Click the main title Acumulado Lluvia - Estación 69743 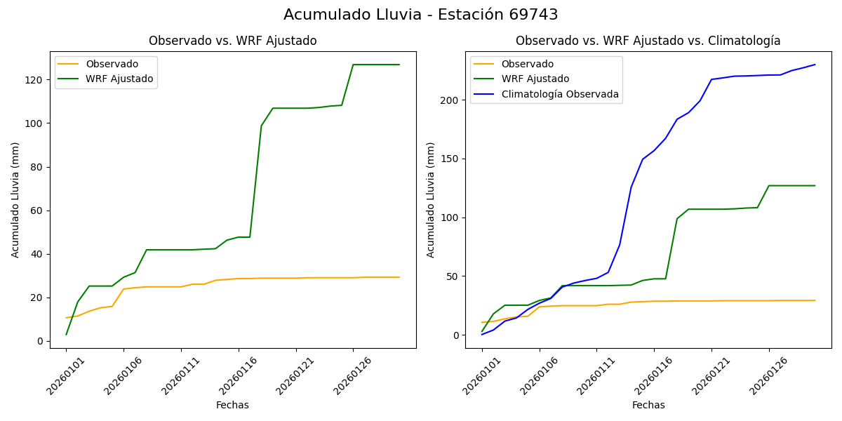(x=421, y=15)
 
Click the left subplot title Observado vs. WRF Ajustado (x=232, y=41)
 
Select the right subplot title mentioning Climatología (x=648, y=41)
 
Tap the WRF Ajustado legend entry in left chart (x=119, y=79)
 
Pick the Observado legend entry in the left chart (x=112, y=64)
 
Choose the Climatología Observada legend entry (x=559, y=94)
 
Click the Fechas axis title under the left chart (x=232, y=405)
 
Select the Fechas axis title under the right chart (x=648, y=405)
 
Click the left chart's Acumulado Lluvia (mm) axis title (x=15, y=199)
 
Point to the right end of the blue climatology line (x=815, y=65)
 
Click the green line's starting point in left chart (x=66, y=335)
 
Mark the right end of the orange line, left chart (x=399, y=277)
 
